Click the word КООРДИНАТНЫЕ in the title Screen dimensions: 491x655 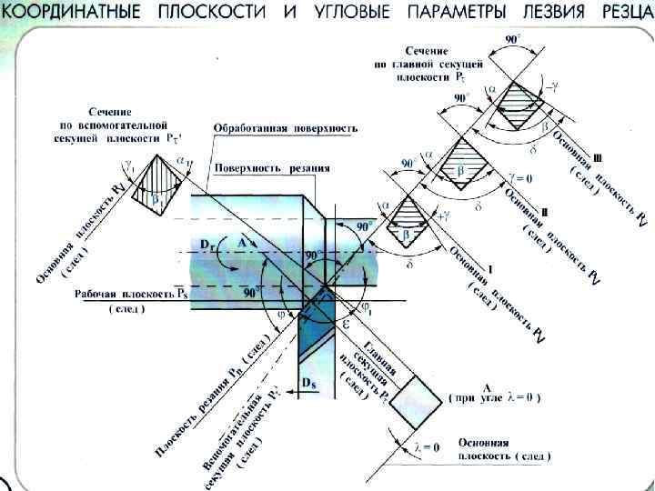[x=71, y=13]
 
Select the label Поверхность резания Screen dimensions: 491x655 [x=273, y=168]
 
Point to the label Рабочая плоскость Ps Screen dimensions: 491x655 [x=128, y=295]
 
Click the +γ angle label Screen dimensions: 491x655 [x=443, y=216]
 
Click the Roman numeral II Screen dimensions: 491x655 [x=544, y=211]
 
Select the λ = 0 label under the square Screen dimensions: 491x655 [x=427, y=447]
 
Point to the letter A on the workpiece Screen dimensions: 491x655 [x=241, y=243]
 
